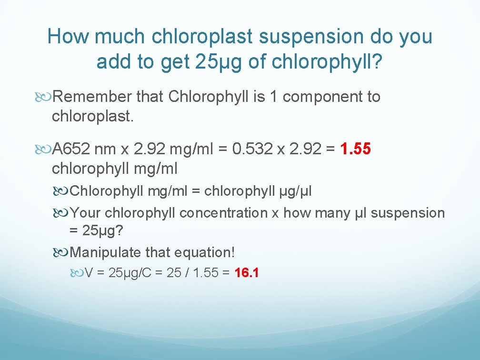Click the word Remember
(92, 97)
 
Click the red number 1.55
(356, 150)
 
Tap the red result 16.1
(247, 273)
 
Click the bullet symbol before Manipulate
(63, 252)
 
